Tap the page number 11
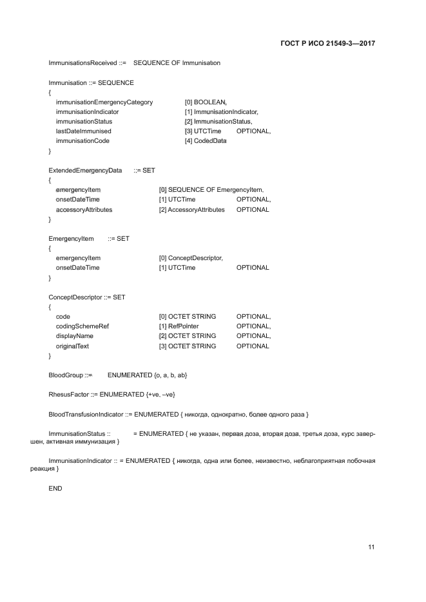point(371,547)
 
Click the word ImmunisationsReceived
point(82,63)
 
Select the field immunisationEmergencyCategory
point(104,102)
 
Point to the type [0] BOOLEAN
point(206,102)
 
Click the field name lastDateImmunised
point(84,131)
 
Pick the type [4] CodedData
point(206,140)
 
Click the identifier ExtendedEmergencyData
point(85,170)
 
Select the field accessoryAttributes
point(84,209)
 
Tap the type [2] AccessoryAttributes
point(191,209)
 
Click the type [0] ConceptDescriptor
point(191,258)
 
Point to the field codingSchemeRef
point(82,326)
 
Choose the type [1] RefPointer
point(182,326)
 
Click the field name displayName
point(75,335)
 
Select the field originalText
point(73,346)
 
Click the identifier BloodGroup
point(66,375)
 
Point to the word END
point(55,489)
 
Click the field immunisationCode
point(82,140)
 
